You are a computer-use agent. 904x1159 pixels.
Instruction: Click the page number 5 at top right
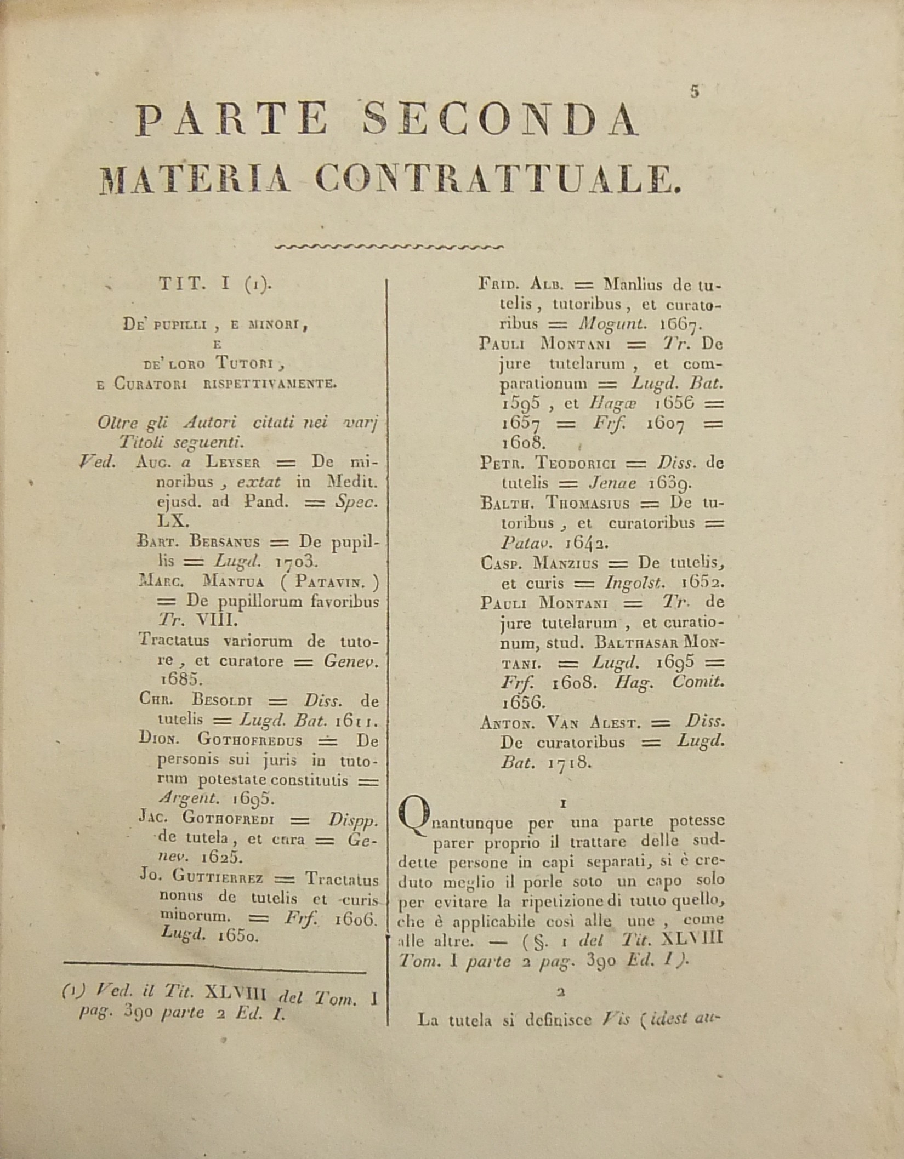(695, 92)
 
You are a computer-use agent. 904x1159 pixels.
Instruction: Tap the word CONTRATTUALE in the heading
(498, 179)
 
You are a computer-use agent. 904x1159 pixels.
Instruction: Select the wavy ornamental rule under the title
(389, 247)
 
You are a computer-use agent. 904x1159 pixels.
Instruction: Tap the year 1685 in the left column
(159, 680)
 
